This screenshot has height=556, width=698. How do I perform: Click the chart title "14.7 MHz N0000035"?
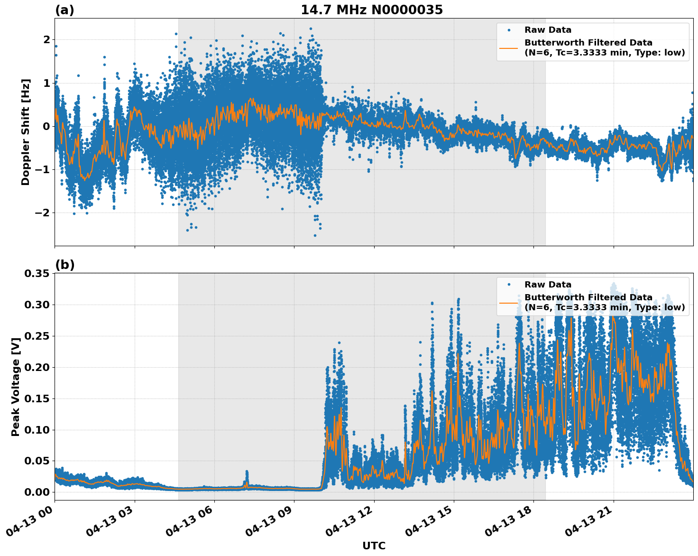click(x=371, y=10)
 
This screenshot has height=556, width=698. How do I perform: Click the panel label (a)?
click(x=64, y=10)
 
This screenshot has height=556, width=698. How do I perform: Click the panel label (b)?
click(x=64, y=265)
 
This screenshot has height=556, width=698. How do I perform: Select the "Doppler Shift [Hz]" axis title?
click(x=26, y=132)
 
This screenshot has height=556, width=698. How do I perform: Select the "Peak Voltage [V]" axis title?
click(x=16, y=387)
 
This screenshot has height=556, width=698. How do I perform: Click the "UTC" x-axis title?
click(x=374, y=546)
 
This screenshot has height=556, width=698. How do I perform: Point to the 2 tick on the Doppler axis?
click(x=46, y=39)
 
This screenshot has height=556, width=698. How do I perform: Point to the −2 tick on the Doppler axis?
click(x=43, y=213)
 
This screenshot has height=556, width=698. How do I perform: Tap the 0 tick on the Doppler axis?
click(x=46, y=126)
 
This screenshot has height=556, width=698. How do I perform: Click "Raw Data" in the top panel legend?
click(x=548, y=30)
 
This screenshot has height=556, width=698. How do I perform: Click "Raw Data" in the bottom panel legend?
click(x=548, y=285)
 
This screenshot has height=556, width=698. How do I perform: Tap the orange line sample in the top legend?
click(x=509, y=47)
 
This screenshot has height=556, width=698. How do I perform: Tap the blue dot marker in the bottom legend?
click(x=509, y=285)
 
